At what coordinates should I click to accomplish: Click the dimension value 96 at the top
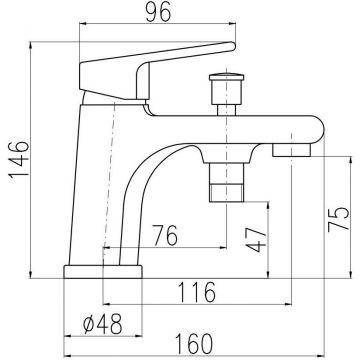(x=158, y=11)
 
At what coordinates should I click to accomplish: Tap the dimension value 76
(x=165, y=235)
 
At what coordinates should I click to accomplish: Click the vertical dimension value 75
(x=338, y=219)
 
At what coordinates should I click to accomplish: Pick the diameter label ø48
(x=103, y=324)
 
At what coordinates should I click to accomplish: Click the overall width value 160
(x=193, y=344)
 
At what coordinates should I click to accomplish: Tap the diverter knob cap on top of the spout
(x=226, y=77)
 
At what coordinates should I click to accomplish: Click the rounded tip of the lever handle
(x=232, y=46)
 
